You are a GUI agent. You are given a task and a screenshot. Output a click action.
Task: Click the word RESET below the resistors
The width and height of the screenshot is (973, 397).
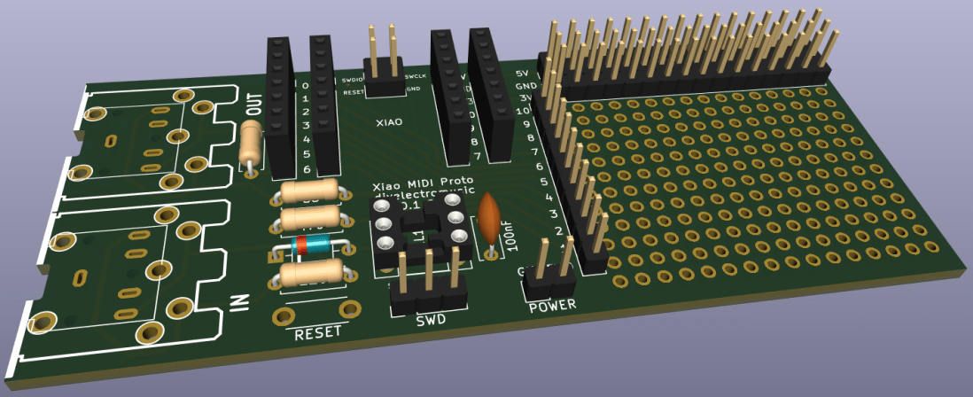pyautogui.click(x=317, y=334)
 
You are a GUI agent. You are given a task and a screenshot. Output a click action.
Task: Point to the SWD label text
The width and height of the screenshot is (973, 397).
pyautogui.click(x=431, y=320)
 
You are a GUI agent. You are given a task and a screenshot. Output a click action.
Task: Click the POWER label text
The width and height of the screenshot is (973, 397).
pyautogui.click(x=552, y=306)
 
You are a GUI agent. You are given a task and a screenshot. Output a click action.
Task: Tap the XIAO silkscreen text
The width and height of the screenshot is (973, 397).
pyautogui.click(x=389, y=122)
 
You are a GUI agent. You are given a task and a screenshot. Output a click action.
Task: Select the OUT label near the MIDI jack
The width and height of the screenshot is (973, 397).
pyautogui.click(x=253, y=106)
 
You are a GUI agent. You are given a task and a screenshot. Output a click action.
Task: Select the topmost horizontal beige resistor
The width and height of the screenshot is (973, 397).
pyautogui.click(x=308, y=191)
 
